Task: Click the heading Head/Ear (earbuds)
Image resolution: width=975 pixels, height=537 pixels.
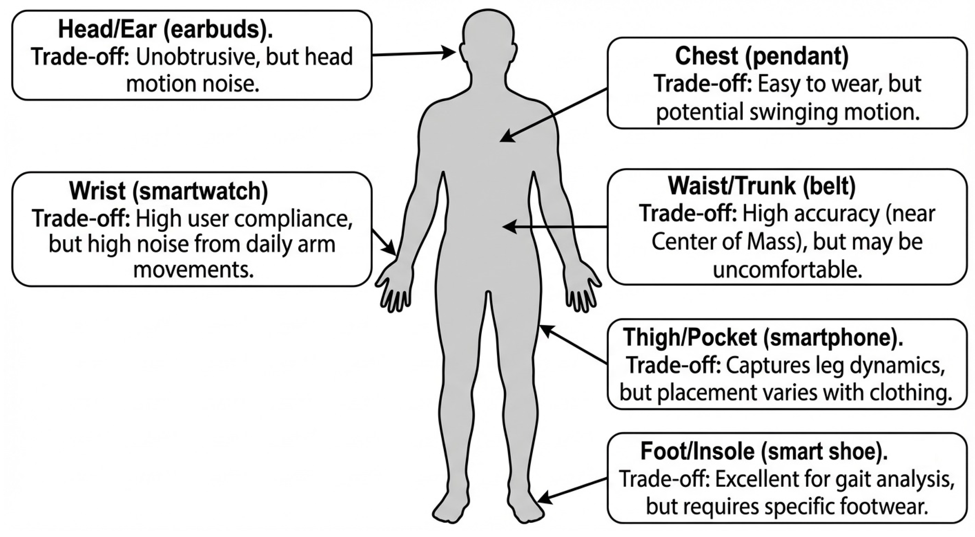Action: (x=165, y=30)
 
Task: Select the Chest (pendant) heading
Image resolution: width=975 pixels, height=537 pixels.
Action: (x=762, y=56)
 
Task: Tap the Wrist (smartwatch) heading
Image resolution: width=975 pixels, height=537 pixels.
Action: (x=169, y=191)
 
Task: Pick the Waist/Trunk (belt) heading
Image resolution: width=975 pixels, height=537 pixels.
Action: (x=762, y=186)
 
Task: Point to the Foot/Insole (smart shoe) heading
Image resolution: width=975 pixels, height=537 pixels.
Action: (x=764, y=451)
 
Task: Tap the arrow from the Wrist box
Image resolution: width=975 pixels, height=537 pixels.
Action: (x=384, y=241)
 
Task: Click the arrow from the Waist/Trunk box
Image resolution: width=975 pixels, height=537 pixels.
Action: (x=555, y=227)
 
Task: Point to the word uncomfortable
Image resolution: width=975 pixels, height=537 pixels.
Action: (x=787, y=270)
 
